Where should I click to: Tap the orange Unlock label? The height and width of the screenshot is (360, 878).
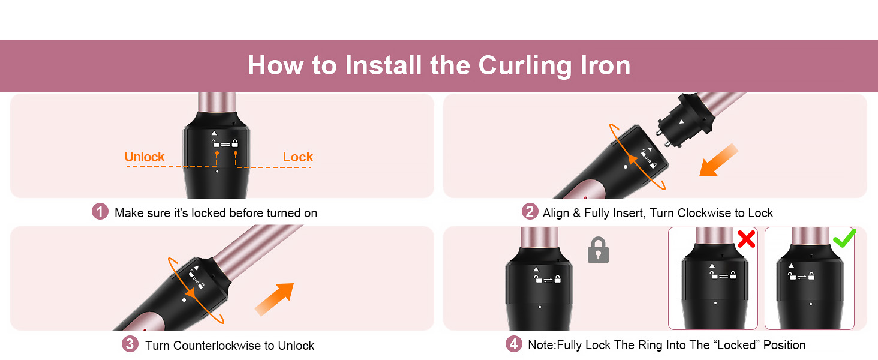click(145, 157)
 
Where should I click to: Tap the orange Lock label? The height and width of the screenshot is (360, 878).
click(298, 157)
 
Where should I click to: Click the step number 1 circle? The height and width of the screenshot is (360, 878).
click(100, 212)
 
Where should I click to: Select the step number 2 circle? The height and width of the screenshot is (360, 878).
click(529, 212)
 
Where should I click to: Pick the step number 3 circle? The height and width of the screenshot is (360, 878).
click(130, 344)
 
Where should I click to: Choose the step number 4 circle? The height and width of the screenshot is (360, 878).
click(513, 344)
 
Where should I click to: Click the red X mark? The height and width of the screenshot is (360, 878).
click(746, 239)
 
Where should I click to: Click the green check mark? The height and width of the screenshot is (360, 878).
click(844, 239)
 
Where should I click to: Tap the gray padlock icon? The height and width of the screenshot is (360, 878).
click(598, 250)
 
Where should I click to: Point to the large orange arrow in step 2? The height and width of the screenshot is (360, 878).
click(717, 160)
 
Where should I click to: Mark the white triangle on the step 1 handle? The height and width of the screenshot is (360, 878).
click(214, 133)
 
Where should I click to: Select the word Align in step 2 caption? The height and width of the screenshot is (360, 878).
click(555, 213)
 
